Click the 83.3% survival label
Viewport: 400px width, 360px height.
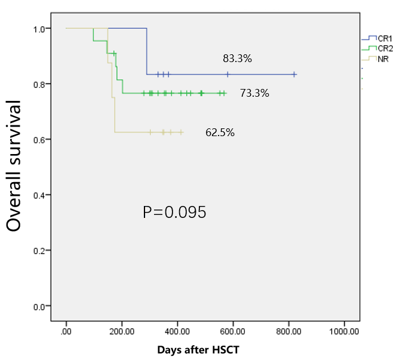[x=238, y=59]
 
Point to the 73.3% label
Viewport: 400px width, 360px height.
[x=254, y=93]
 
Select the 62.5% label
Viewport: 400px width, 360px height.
[x=220, y=133]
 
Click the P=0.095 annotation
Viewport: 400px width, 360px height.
[x=174, y=213]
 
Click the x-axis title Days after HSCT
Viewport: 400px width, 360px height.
[x=200, y=349]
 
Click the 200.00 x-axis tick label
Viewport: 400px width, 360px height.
[x=122, y=330]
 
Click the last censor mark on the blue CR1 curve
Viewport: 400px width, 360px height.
[x=294, y=75]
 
